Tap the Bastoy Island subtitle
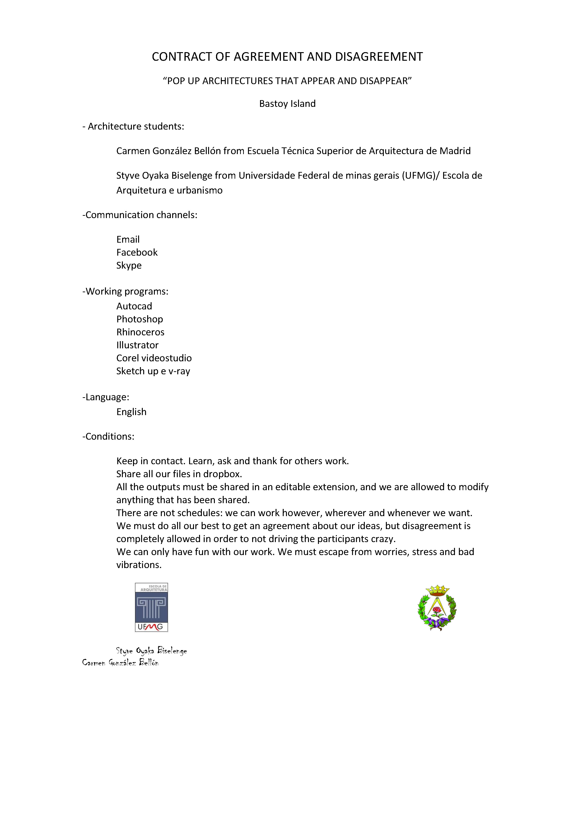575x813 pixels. [287, 104]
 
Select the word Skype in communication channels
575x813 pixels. [129, 266]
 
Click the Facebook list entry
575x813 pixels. [137, 252]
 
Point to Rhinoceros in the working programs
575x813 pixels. [140, 332]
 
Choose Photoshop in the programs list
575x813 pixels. [140, 319]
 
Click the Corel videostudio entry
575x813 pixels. [154, 358]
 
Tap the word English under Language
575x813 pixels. [131, 412]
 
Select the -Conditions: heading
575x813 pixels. [108, 436]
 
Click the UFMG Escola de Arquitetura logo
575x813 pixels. [151, 607]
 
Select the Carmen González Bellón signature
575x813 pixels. [120, 663]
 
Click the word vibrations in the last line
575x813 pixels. [139, 565]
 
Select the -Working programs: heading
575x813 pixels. [125, 291]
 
